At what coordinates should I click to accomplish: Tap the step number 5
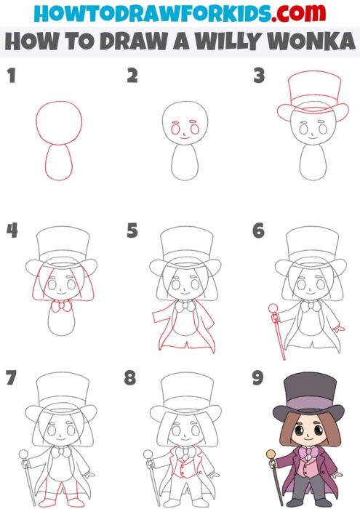(x=132, y=231)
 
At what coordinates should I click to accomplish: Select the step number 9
(x=257, y=378)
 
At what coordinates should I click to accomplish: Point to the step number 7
(x=10, y=378)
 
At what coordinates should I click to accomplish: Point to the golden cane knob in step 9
(x=272, y=454)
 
